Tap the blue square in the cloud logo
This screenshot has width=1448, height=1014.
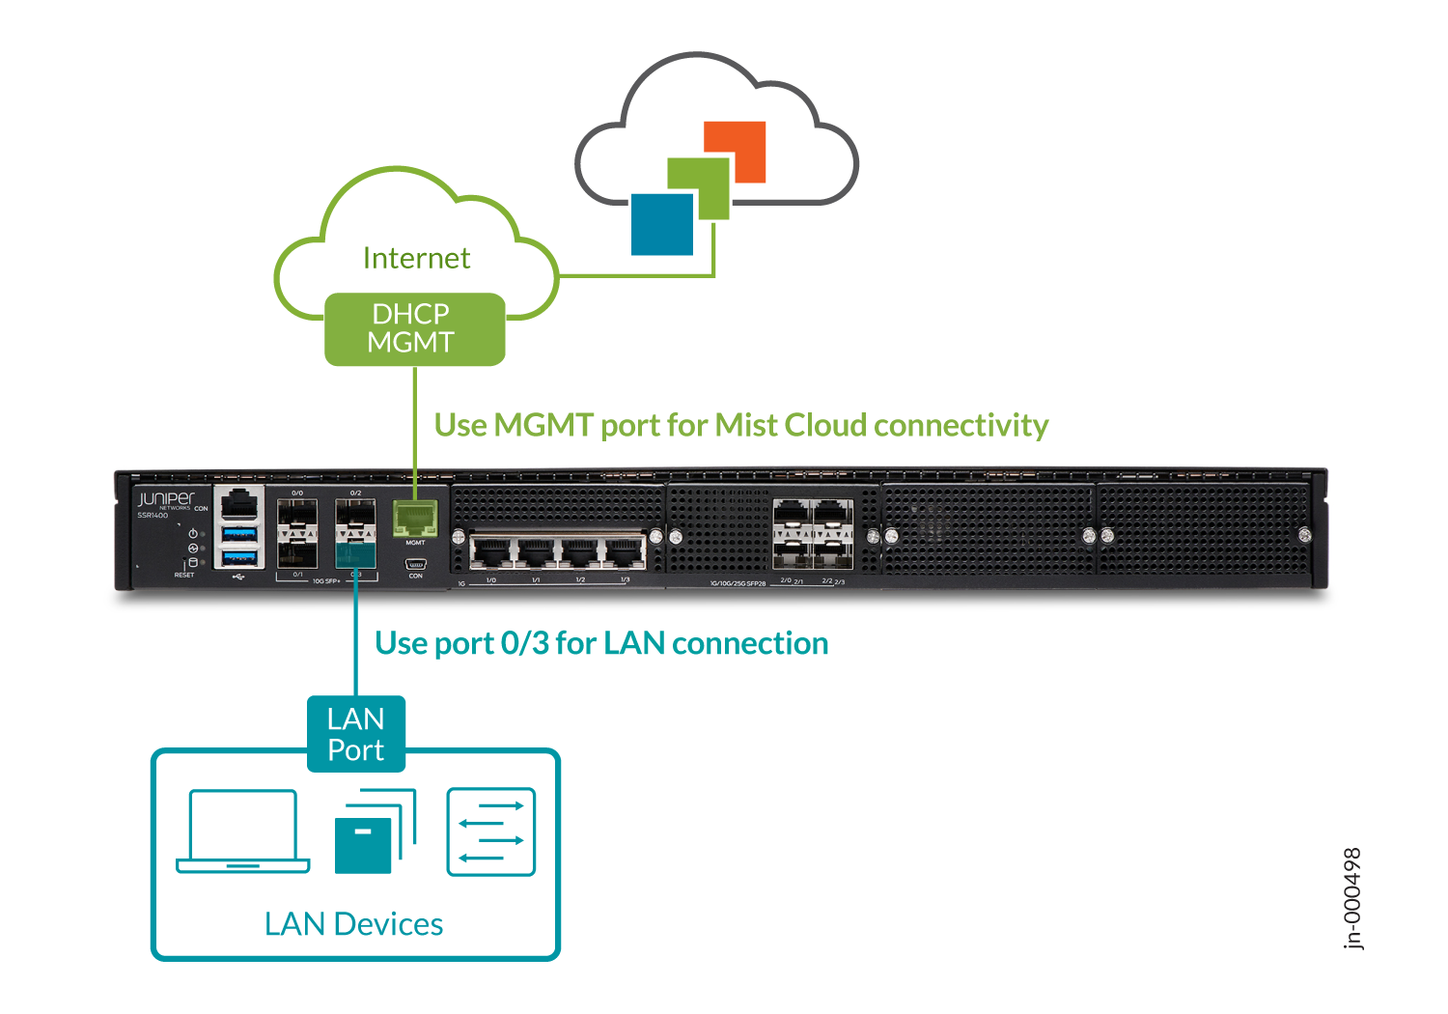(x=662, y=224)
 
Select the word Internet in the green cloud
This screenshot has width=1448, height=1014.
(x=416, y=258)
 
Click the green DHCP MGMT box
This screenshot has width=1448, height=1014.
(x=414, y=328)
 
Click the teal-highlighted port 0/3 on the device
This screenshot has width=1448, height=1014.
(x=355, y=554)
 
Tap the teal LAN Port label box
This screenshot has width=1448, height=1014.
(x=355, y=734)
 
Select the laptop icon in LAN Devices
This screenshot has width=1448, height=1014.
(x=243, y=831)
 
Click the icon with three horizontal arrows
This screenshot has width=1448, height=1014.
(x=490, y=831)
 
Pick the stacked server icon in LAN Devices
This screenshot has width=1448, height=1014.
(x=374, y=832)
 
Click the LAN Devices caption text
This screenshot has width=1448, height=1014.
(x=353, y=924)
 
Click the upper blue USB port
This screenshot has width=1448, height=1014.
(x=239, y=534)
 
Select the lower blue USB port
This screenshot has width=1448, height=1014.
(x=239, y=557)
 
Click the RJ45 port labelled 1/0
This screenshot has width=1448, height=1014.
(x=491, y=554)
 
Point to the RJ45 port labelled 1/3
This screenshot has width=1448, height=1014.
(x=625, y=554)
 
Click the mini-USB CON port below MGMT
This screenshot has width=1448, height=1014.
(x=416, y=565)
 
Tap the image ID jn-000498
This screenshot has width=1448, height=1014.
(x=1352, y=898)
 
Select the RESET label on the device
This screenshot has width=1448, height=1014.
(x=184, y=575)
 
